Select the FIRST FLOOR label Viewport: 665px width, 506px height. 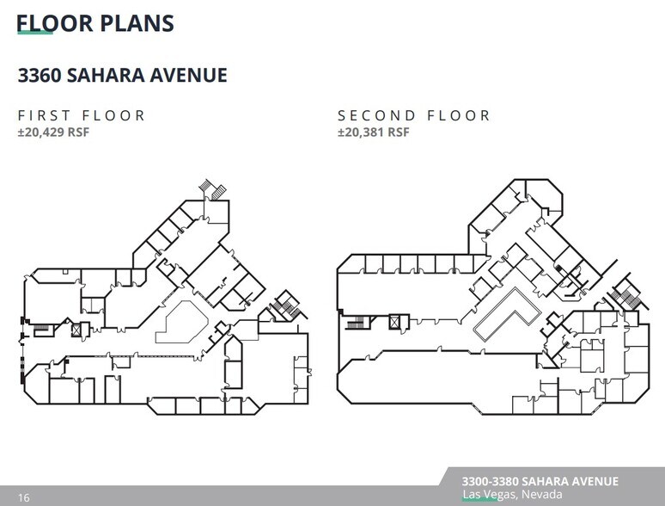(82, 115)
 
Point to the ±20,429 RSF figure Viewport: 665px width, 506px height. (53, 133)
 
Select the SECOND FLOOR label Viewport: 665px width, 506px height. (414, 115)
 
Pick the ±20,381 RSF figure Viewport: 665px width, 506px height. (374, 133)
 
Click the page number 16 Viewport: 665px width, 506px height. (23, 497)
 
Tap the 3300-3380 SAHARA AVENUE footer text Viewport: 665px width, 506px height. (540, 481)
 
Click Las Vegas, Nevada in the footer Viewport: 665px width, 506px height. (512, 495)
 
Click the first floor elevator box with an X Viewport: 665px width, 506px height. (75, 330)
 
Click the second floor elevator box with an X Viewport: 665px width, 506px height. (394, 323)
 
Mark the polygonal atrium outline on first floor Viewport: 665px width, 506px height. (186, 321)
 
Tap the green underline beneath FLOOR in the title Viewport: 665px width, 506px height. (35, 34)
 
